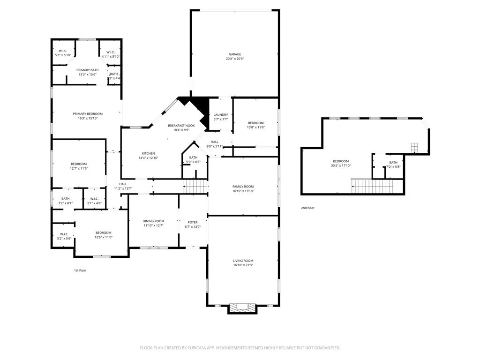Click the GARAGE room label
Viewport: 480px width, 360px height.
tap(234, 54)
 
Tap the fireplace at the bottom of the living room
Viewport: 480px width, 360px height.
tap(242, 308)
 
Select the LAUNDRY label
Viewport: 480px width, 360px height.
tap(221, 115)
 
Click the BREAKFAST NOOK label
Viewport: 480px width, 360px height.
tap(181, 126)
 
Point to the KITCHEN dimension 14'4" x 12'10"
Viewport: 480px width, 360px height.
tap(148, 158)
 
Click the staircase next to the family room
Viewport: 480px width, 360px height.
tap(195, 187)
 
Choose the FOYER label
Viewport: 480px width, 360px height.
tap(193, 222)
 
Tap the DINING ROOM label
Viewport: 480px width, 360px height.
tap(153, 221)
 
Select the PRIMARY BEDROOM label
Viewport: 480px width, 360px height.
tap(88, 113)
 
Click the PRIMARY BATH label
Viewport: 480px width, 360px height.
tap(88, 70)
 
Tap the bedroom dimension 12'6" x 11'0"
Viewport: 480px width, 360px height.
tap(104, 237)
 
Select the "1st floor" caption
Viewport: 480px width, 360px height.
tap(80, 270)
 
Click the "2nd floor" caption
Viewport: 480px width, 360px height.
tap(308, 208)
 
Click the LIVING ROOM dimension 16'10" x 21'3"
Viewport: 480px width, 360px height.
tap(243, 265)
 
